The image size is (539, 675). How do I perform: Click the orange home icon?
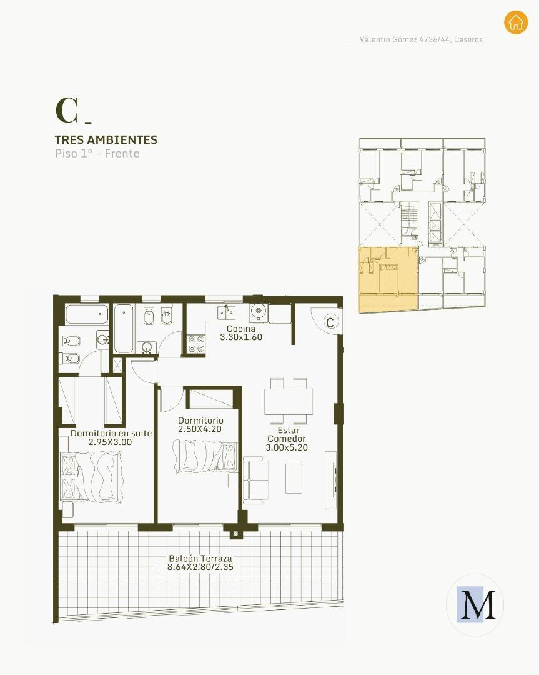pyautogui.click(x=515, y=22)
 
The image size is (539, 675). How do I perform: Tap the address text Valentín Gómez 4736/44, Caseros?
pyautogui.click(x=420, y=39)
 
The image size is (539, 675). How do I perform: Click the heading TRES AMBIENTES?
pyautogui.click(x=106, y=140)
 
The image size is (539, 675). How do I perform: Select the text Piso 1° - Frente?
pyautogui.click(x=97, y=154)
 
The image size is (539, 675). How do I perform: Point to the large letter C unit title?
pyautogui.click(x=66, y=111)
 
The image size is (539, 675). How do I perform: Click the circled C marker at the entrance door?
pyautogui.click(x=330, y=322)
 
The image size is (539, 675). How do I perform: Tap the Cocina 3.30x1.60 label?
pyautogui.click(x=241, y=333)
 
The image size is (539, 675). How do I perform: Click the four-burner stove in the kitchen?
pyautogui.click(x=196, y=344)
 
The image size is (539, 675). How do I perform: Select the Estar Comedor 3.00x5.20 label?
pyautogui.click(x=286, y=439)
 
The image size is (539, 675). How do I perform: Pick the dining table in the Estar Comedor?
pyautogui.click(x=288, y=401)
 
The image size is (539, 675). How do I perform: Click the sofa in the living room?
pyautogui.click(x=255, y=480)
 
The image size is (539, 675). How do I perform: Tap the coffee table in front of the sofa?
pyautogui.click(x=294, y=478)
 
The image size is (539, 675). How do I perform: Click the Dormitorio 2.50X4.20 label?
pyautogui.click(x=200, y=425)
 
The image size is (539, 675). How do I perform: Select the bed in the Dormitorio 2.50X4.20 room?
pyautogui.click(x=205, y=456)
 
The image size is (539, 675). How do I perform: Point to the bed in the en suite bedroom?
pyautogui.click(x=92, y=476)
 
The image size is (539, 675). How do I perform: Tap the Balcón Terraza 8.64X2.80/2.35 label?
pyautogui.click(x=200, y=563)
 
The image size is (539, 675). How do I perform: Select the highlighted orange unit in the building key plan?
pyautogui.click(x=387, y=279)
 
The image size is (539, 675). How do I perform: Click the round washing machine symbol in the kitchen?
pyautogui.click(x=259, y=310)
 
